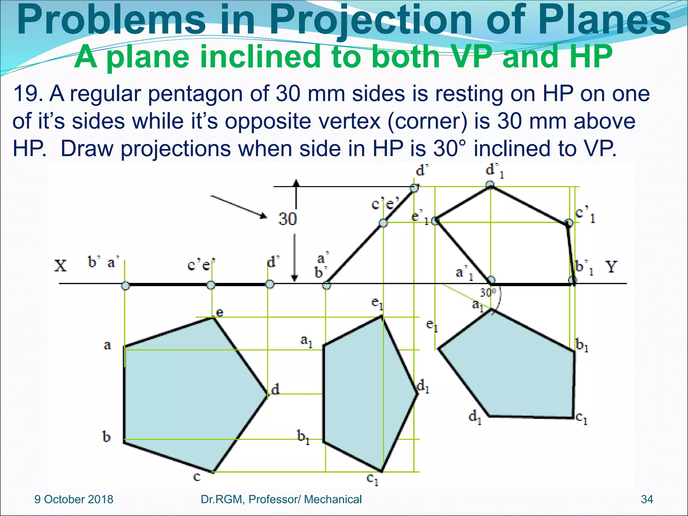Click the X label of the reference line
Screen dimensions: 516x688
(60, 266)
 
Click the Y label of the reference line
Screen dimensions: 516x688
(611, 267)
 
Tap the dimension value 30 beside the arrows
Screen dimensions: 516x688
(287, 219)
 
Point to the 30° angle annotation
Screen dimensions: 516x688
(488, 293)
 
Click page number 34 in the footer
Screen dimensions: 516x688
(647, 499)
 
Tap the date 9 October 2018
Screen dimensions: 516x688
(74, 499)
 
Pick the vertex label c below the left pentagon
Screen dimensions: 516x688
(197, 477)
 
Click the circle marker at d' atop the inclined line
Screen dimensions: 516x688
(415, 188)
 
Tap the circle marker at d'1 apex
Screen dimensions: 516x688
(490, 184)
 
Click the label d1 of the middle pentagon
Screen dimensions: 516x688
(423, 386)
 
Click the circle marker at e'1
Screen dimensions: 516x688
(435, 221)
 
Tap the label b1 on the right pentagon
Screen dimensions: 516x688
(582, 345)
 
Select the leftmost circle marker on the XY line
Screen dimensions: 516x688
(125, 286)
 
